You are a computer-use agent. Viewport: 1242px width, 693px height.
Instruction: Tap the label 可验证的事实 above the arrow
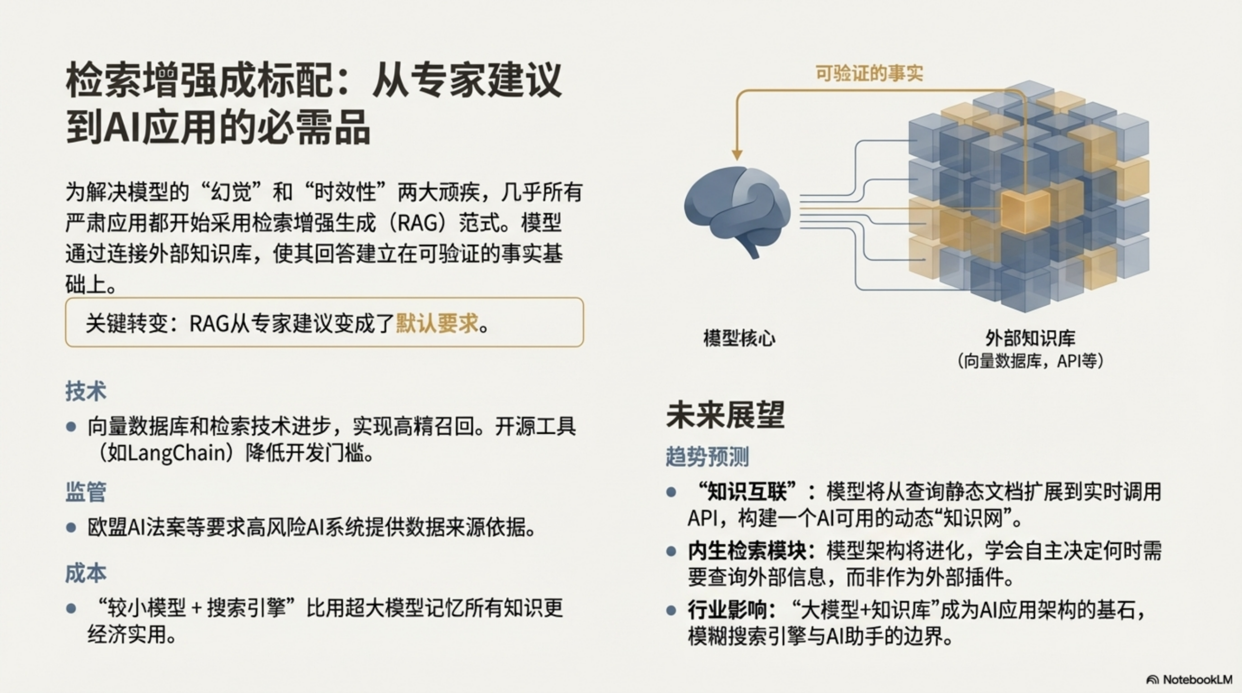click(x=869, y=74)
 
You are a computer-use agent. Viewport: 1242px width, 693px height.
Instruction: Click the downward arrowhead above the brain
click(x=737, y=154)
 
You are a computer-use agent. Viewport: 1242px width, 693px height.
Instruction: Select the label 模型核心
click(x=739, y=338)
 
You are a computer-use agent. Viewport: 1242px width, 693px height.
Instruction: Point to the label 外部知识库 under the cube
click(x=1030, y=338)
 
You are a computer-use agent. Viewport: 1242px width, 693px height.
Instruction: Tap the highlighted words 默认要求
click(x=437, y=323)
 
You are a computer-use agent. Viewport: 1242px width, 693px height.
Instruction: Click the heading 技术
click(x=86, y=391)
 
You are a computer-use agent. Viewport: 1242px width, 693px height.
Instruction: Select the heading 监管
click(x=86, y=492)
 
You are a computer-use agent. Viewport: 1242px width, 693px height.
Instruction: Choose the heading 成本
click(x=86, y=573)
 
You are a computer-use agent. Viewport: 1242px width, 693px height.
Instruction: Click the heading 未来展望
click(x=725, y=415)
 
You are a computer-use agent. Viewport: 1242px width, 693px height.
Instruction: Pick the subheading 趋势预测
click(x=707, y=456)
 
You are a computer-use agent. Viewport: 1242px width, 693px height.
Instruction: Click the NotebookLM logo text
click(x=1197, y=679)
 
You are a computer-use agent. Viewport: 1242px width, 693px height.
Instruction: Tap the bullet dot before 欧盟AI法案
click(x=71, y=528)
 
